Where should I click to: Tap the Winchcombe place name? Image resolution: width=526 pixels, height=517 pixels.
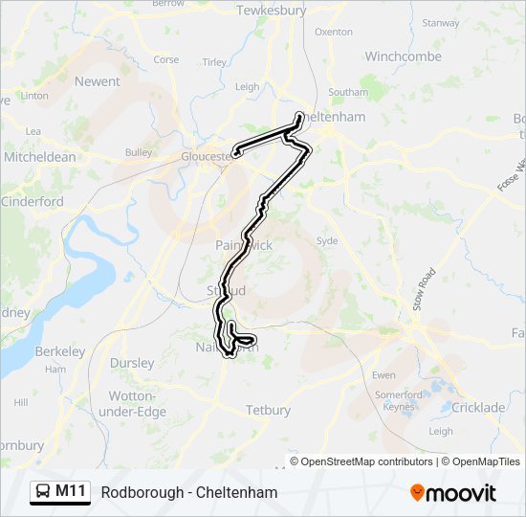[403, 56]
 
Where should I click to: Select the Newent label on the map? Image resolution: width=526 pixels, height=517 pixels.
[98, 82]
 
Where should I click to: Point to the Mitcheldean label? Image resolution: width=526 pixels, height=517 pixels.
[40, 156]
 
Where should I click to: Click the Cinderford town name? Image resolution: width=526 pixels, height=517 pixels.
[33, 202]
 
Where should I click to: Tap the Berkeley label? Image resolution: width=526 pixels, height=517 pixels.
[60, 351]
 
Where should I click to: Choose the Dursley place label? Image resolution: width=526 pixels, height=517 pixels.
[132, 363]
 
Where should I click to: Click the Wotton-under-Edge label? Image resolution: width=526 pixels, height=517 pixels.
[138, 404]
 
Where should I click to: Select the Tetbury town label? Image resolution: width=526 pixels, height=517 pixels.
[268, 410]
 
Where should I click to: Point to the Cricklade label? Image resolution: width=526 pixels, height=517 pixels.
[478, 408]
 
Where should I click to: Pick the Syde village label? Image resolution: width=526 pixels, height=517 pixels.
[327, 241]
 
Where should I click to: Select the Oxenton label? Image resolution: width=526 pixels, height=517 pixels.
[333, 32]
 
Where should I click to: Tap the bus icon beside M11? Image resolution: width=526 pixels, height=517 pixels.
[44, 492]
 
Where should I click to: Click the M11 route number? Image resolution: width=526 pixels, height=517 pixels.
[71, 492]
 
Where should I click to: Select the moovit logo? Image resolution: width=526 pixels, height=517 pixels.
[453, 493]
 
